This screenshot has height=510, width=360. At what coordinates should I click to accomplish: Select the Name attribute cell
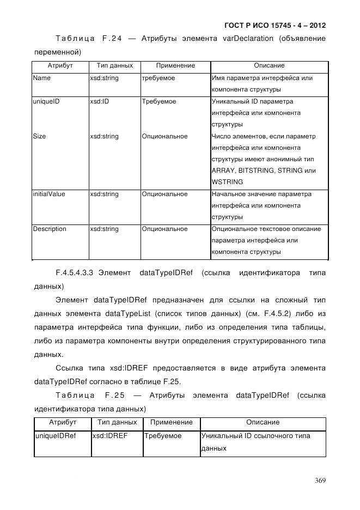pos(41,78)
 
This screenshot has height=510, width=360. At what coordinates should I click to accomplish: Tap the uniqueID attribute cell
pos(45,101)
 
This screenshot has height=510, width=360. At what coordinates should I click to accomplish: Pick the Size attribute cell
pos(39,136)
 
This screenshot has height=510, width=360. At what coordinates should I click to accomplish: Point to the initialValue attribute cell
pos(48,194)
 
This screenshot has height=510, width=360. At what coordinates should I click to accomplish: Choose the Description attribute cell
pos(49,229)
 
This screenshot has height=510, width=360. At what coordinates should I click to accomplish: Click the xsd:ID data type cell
pos(100,101)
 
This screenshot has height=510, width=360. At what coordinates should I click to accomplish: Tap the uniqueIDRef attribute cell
pos(55,436)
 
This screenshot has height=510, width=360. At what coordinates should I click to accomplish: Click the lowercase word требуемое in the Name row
pos(158,78)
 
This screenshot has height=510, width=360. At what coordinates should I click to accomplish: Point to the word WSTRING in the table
pos(227,182)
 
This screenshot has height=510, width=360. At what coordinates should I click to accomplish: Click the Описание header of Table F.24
pos(269,65)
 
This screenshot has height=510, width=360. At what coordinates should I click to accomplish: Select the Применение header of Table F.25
pos(171,422)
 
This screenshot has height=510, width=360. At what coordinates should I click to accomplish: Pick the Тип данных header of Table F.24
pos(114,65)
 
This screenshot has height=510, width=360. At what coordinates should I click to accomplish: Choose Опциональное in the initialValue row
pos(164,194)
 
